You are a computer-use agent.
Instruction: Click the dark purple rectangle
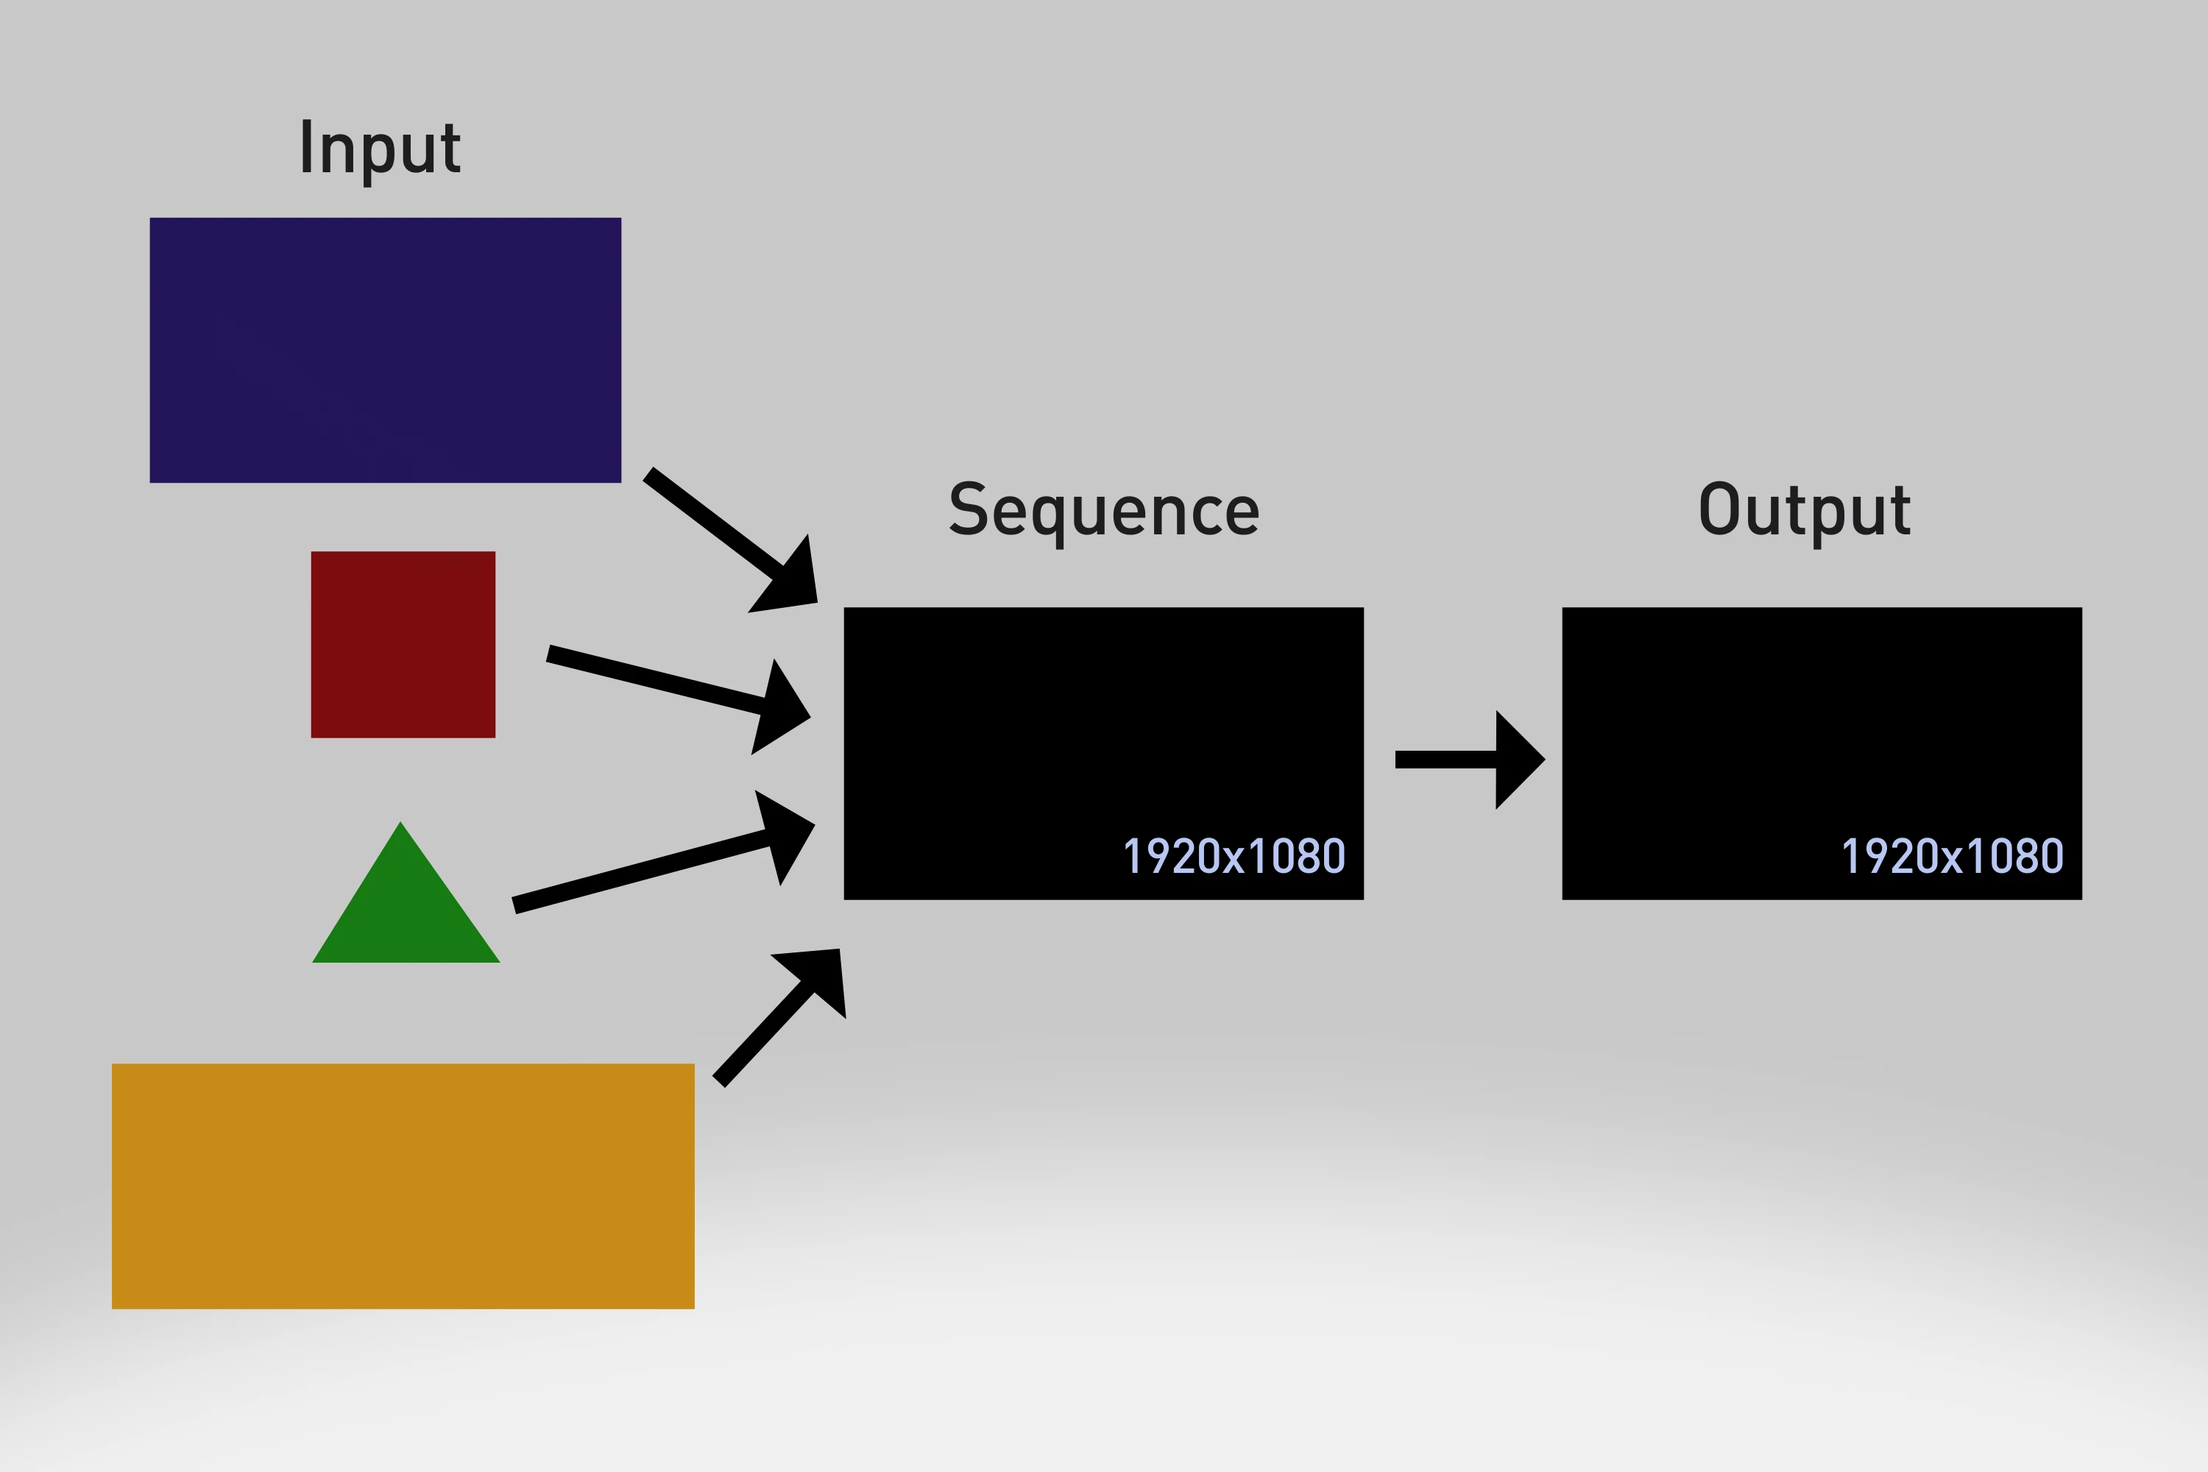385,350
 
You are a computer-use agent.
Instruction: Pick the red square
403,644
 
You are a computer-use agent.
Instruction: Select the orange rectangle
403,1186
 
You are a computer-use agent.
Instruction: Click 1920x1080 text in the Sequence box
1234,856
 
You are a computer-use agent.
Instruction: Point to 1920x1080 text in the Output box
1953,856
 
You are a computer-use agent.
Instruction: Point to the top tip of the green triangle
401,825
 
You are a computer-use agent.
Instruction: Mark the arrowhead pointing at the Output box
1517,760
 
